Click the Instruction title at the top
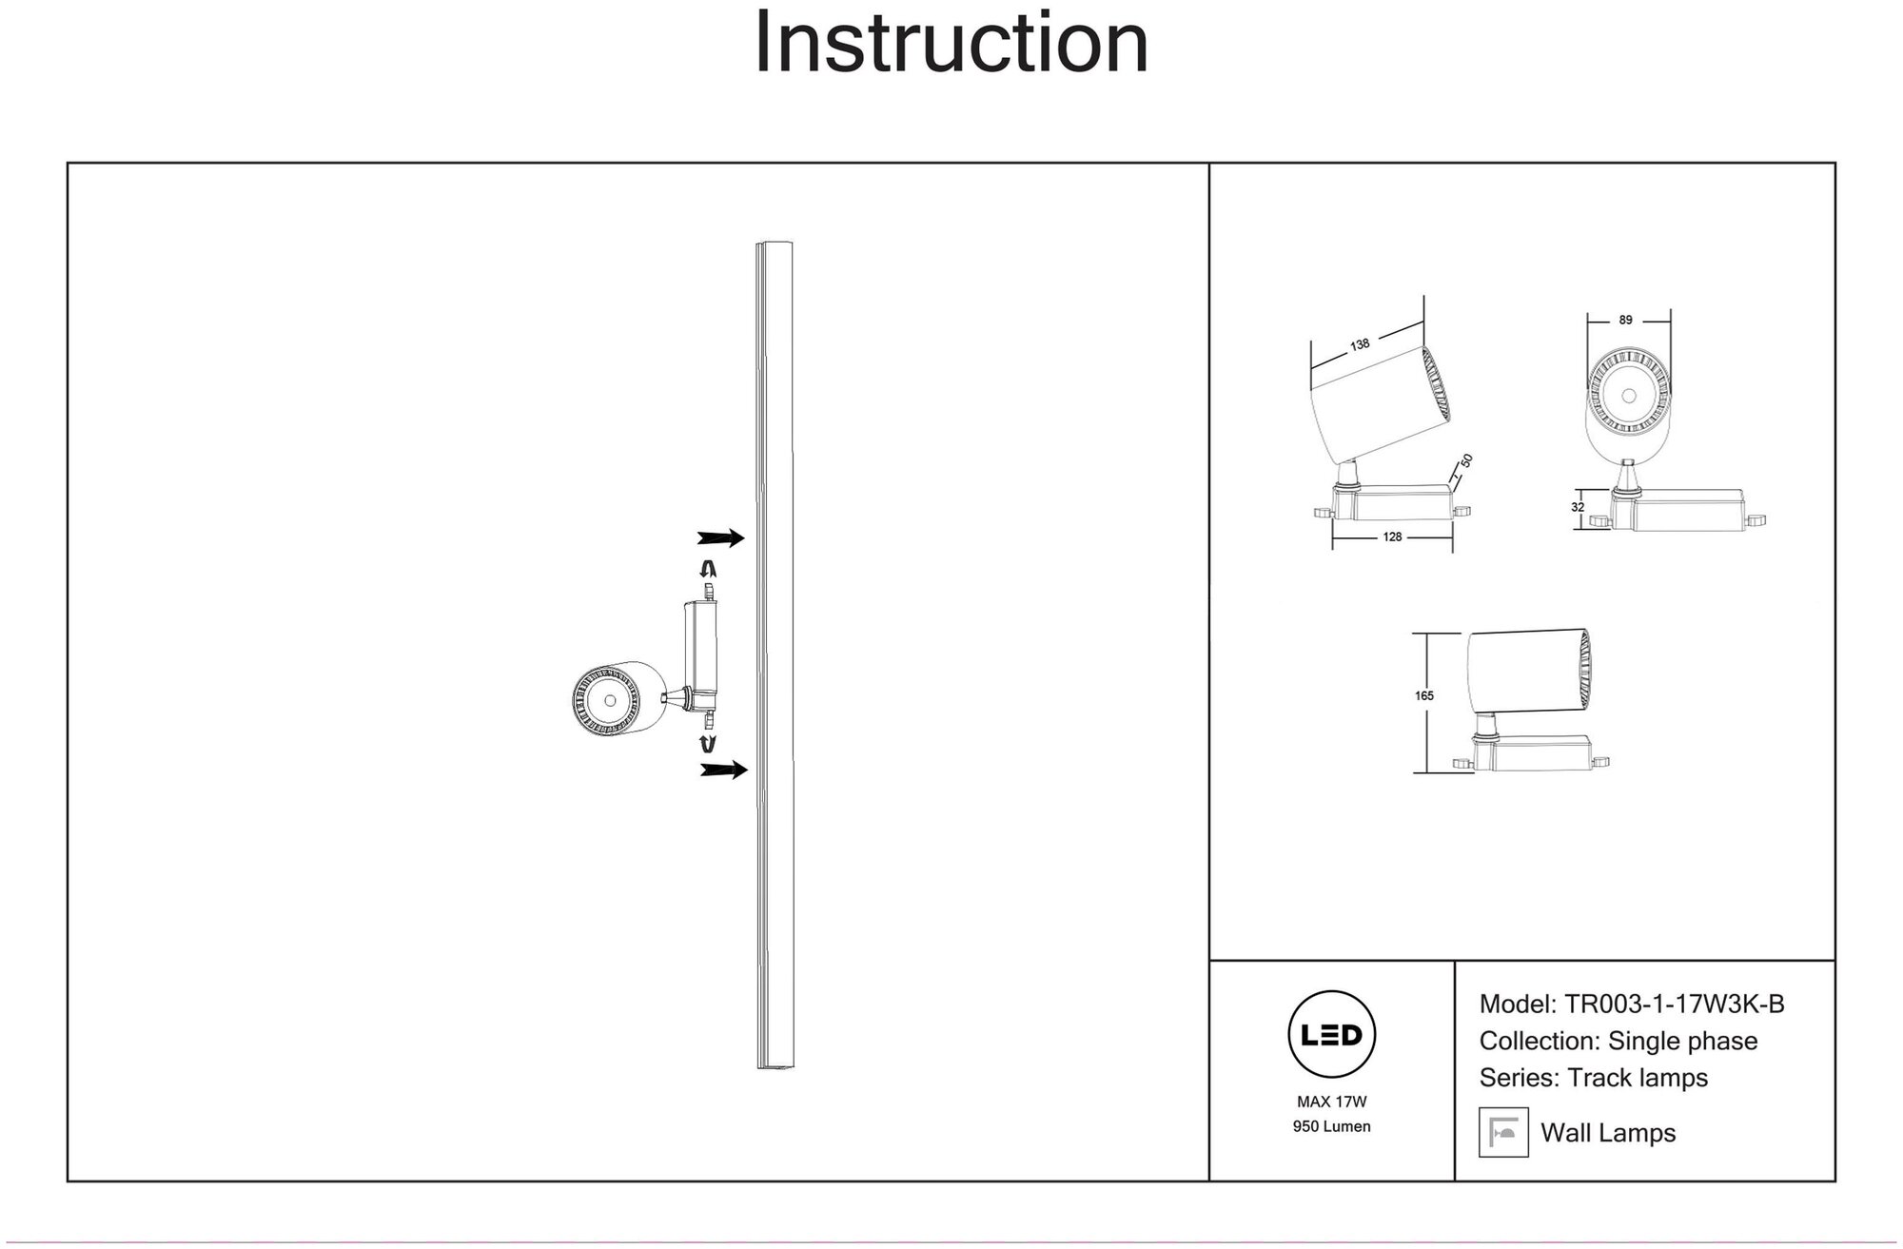(951, 43)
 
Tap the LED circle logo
(1331, 1035)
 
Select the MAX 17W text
(1331, 1103)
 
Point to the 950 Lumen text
(1331, 1127)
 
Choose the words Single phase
(1682, 1042)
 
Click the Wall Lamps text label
(1608, 1133)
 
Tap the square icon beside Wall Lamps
(1503, 1132)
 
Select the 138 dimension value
(1360, 344)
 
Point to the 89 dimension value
(1625, 321)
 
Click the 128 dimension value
(1392, 537)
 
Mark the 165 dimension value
(1423, 696)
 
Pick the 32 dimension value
(1578, 508)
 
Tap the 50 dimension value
(1466, 460)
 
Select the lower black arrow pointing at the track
(723, 770)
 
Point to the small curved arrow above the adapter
(708, 570)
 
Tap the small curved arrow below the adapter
(708, 743)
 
